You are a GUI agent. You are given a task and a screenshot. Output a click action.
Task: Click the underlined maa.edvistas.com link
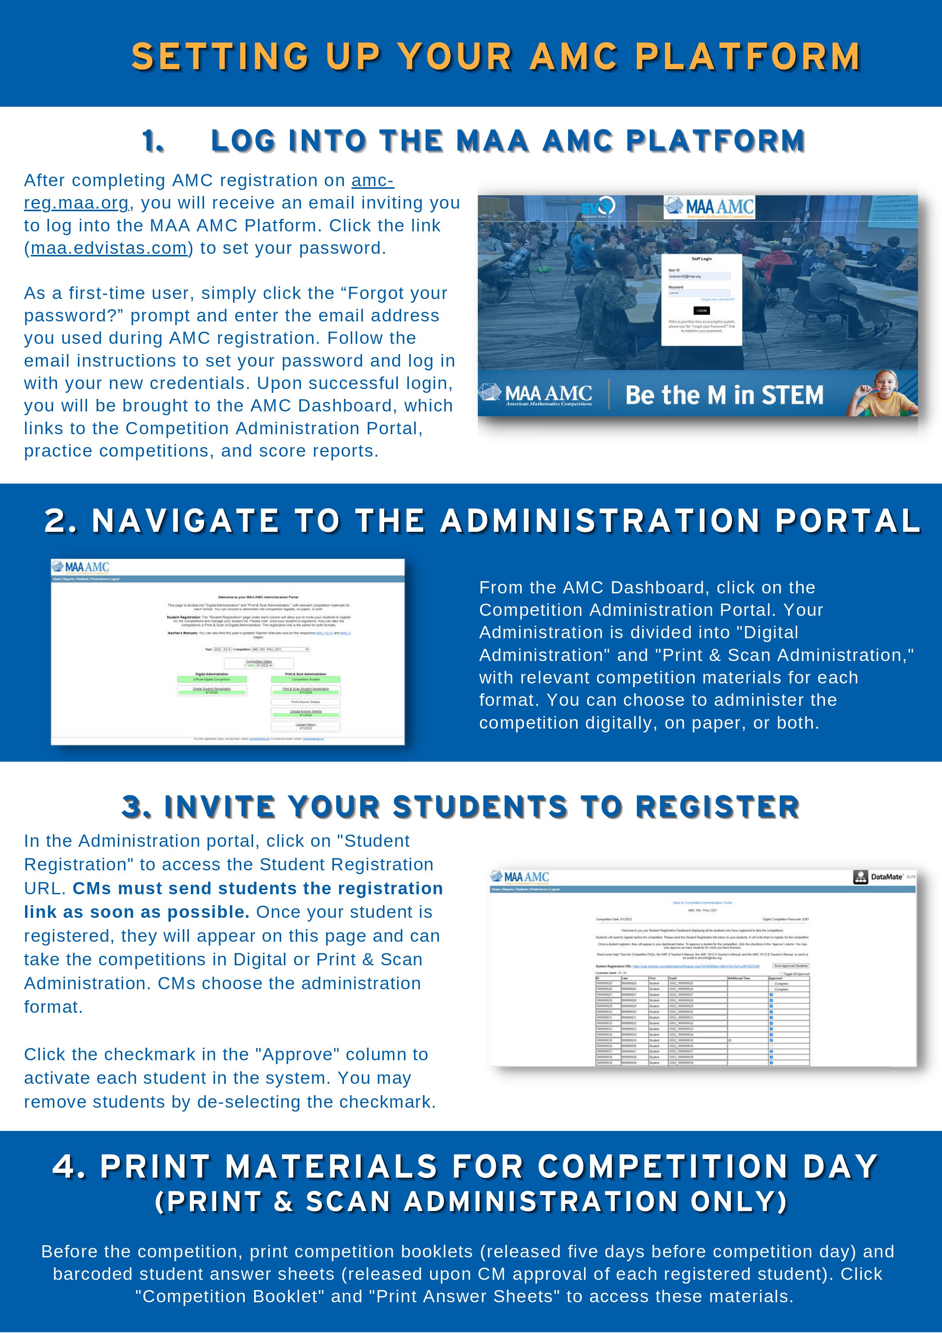tap(109, 248)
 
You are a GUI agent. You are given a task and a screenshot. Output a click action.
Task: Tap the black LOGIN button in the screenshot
tap(701, 311)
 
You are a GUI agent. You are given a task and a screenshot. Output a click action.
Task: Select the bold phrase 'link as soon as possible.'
tap(136, 912)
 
